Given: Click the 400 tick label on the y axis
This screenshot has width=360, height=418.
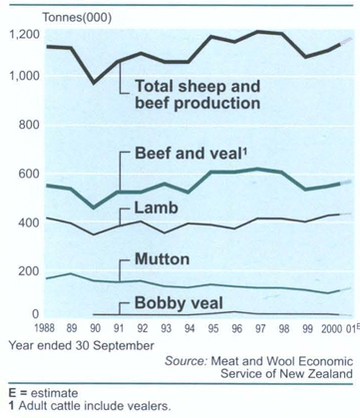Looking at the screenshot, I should (x=26, y=220).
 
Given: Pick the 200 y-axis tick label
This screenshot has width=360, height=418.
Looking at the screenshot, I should (x=26, y=268).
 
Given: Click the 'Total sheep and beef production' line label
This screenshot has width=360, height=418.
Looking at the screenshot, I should (x=196, y=93).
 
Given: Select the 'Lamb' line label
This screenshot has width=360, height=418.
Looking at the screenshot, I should (x=154, y=209).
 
